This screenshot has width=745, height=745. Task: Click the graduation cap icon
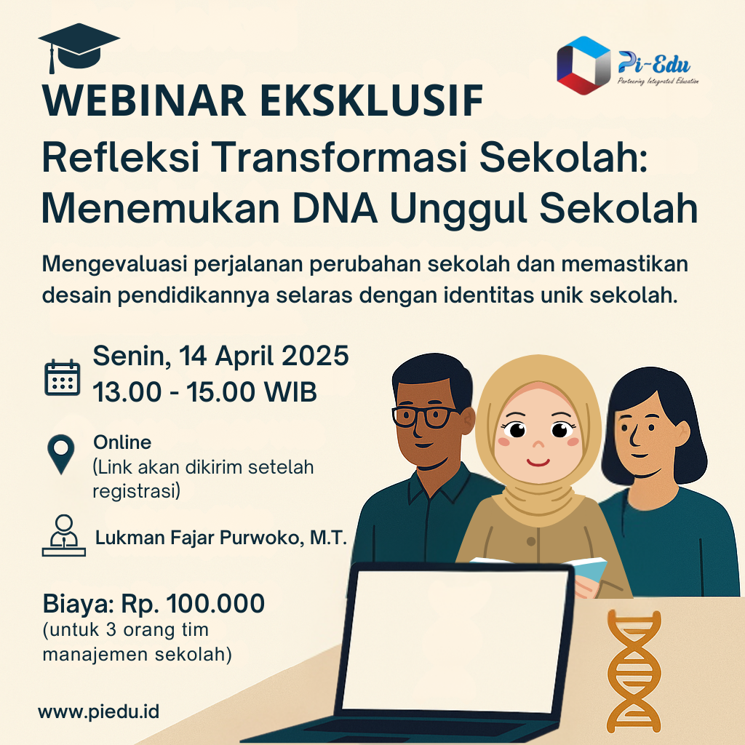tap(79, 46)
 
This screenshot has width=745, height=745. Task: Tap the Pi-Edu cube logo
tap(583, 65)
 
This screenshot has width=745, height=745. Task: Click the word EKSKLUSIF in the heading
tap(372, 100)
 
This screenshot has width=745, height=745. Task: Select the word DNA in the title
tap(335, 208)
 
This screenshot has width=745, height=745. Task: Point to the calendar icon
tap(63, 378)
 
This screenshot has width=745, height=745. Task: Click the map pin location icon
tap(61, 454)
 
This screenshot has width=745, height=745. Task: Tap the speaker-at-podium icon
tap(64, 535)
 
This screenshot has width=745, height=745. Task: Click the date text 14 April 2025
tap(263, 356)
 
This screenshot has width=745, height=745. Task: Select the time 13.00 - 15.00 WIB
tap(204, 392)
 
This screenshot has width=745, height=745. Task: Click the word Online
tap(122, 442)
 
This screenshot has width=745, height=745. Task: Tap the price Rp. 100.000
tap(193, 604)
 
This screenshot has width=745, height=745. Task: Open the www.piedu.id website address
tap(99, 712)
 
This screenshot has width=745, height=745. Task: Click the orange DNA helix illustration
tap(634, 672)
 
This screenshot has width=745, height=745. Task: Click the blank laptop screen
tap(455, 642)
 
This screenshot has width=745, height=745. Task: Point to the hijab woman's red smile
tap(538, 462)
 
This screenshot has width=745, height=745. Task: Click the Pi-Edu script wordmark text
tap(654, 64)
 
